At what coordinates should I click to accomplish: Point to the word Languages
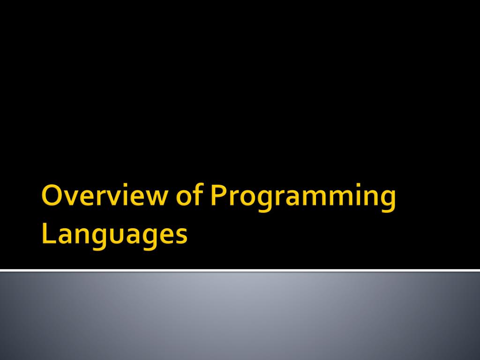pos(115,234)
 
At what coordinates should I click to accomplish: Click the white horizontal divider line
pos(240,270)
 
